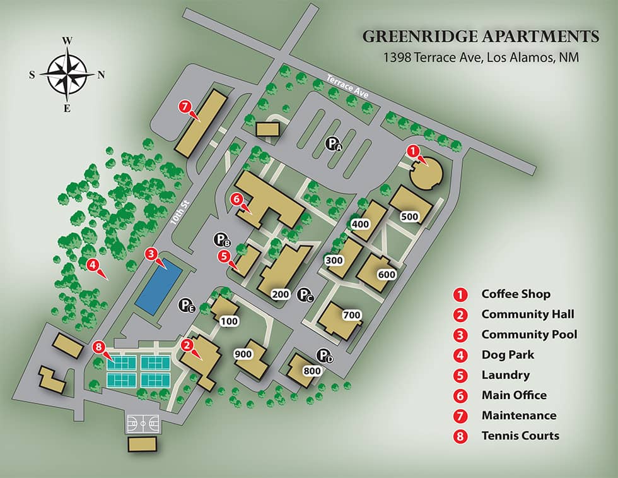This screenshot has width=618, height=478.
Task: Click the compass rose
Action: tap(67, 74)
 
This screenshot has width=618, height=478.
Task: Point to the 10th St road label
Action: tap(179, 217)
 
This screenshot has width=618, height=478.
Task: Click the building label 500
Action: tap(409, 217)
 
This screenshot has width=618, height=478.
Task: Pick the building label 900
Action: tap(243, 354)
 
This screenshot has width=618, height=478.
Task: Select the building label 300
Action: tap(334, 260)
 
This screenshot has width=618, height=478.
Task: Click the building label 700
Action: tap(350, 314)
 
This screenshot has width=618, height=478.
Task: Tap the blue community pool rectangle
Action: tap(159, 289)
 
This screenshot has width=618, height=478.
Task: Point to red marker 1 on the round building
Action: tap(412, 151)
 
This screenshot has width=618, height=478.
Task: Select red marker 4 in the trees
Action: tap(92, 265)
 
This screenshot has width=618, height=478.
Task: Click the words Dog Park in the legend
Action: tap(505, 354)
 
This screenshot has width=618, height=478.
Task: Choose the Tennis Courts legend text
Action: tap(520, 436)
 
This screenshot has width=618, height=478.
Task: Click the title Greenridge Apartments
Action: tap(481, 37)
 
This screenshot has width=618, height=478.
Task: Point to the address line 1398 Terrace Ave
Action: tap(481, 57)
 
